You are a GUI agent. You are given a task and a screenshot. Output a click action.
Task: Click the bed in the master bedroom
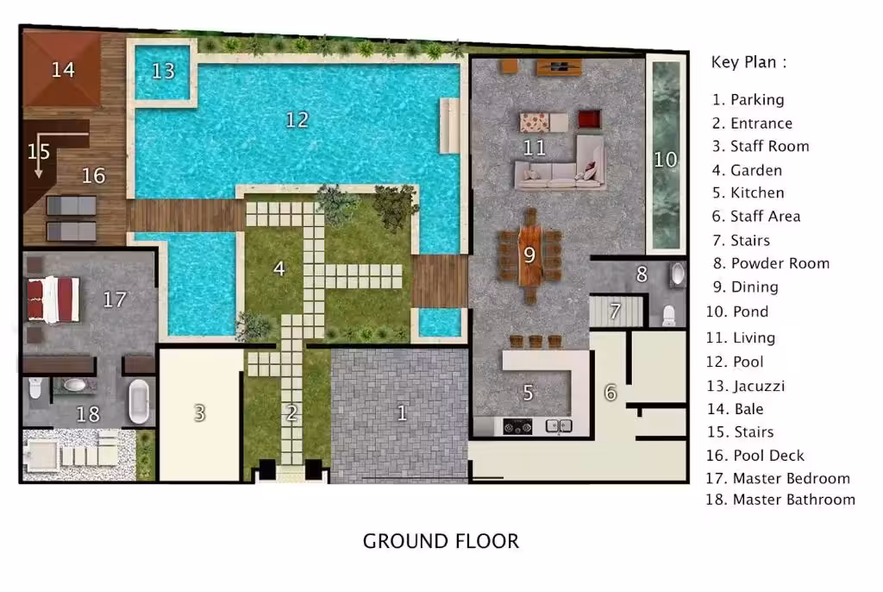53,299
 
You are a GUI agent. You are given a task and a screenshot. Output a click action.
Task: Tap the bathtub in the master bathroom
139,401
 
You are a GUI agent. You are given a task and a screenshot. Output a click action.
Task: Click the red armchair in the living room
589,120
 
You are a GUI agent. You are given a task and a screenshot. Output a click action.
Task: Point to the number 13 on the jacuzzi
163,71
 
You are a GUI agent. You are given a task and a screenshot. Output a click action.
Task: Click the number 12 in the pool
297,120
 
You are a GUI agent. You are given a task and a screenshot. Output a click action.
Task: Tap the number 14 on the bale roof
63,70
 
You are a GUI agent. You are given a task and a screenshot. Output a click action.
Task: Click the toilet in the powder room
668,316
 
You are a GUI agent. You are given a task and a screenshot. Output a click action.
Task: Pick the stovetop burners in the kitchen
517,427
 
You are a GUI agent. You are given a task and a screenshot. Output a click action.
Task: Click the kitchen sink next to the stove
559,426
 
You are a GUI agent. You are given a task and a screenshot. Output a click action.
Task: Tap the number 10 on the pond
665,160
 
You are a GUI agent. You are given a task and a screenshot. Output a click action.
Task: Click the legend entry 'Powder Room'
780,263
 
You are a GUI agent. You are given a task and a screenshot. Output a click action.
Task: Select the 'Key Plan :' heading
748,62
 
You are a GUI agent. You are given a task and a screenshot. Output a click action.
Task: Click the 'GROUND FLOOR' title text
441,541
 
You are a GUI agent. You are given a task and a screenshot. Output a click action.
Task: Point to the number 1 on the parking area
402,413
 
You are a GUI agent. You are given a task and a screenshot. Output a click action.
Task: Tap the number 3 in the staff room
199,413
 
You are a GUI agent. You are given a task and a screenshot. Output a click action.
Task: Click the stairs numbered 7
616,312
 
